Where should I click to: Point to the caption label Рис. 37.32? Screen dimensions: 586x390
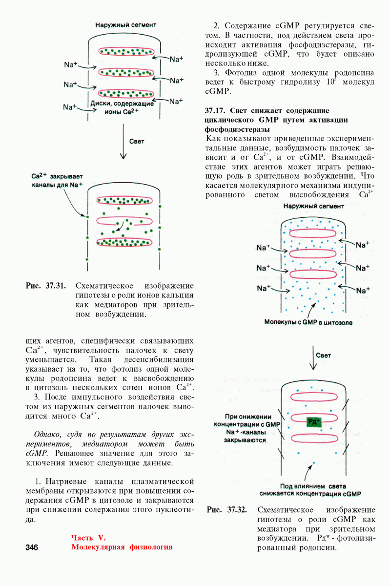pyautogui.click(x=227, y=510)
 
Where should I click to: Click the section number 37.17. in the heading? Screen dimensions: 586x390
pyautogui.click(x=216, y=111)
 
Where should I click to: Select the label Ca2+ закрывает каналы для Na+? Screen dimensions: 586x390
pyautogui.click(x=57, y=180)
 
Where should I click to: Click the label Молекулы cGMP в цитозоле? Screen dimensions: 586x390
pyautogui.click(x=308, y=322)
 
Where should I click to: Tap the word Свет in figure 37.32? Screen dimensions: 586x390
pyautogui.click(x=323, y=356)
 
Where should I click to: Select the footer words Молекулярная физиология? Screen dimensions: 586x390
pyautogui.click(x=122, y=547)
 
